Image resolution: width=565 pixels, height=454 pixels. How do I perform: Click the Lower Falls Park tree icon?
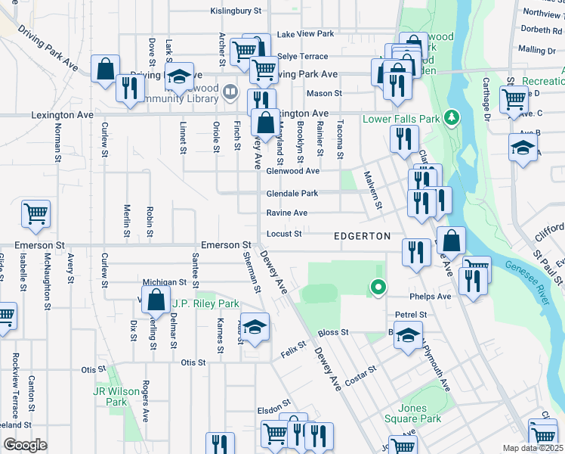click(x=452, y=118)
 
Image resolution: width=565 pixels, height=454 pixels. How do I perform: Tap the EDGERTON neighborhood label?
click(x=363, y=236)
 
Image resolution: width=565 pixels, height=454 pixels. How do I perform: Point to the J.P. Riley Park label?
click(x=205, y=303)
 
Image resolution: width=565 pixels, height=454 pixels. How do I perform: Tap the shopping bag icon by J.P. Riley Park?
click(x=155, y=300)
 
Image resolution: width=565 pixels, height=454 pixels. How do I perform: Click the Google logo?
click(x=25, y=444)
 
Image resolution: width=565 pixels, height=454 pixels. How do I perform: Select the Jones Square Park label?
click(x=419, y=412)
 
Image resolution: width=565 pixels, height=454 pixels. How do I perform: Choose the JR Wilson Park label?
click(x=116, y=396)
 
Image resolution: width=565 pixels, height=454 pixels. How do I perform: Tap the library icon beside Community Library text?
click(x=231, y=92)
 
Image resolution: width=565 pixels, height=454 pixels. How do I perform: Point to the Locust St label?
click(x=284, y=234)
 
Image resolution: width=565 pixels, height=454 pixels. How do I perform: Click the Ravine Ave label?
click(x=286, y=213)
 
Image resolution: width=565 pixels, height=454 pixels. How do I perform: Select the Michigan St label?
click(x=165, y=281)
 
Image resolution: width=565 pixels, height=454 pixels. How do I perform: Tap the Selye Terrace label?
click(x=303, y=56)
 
